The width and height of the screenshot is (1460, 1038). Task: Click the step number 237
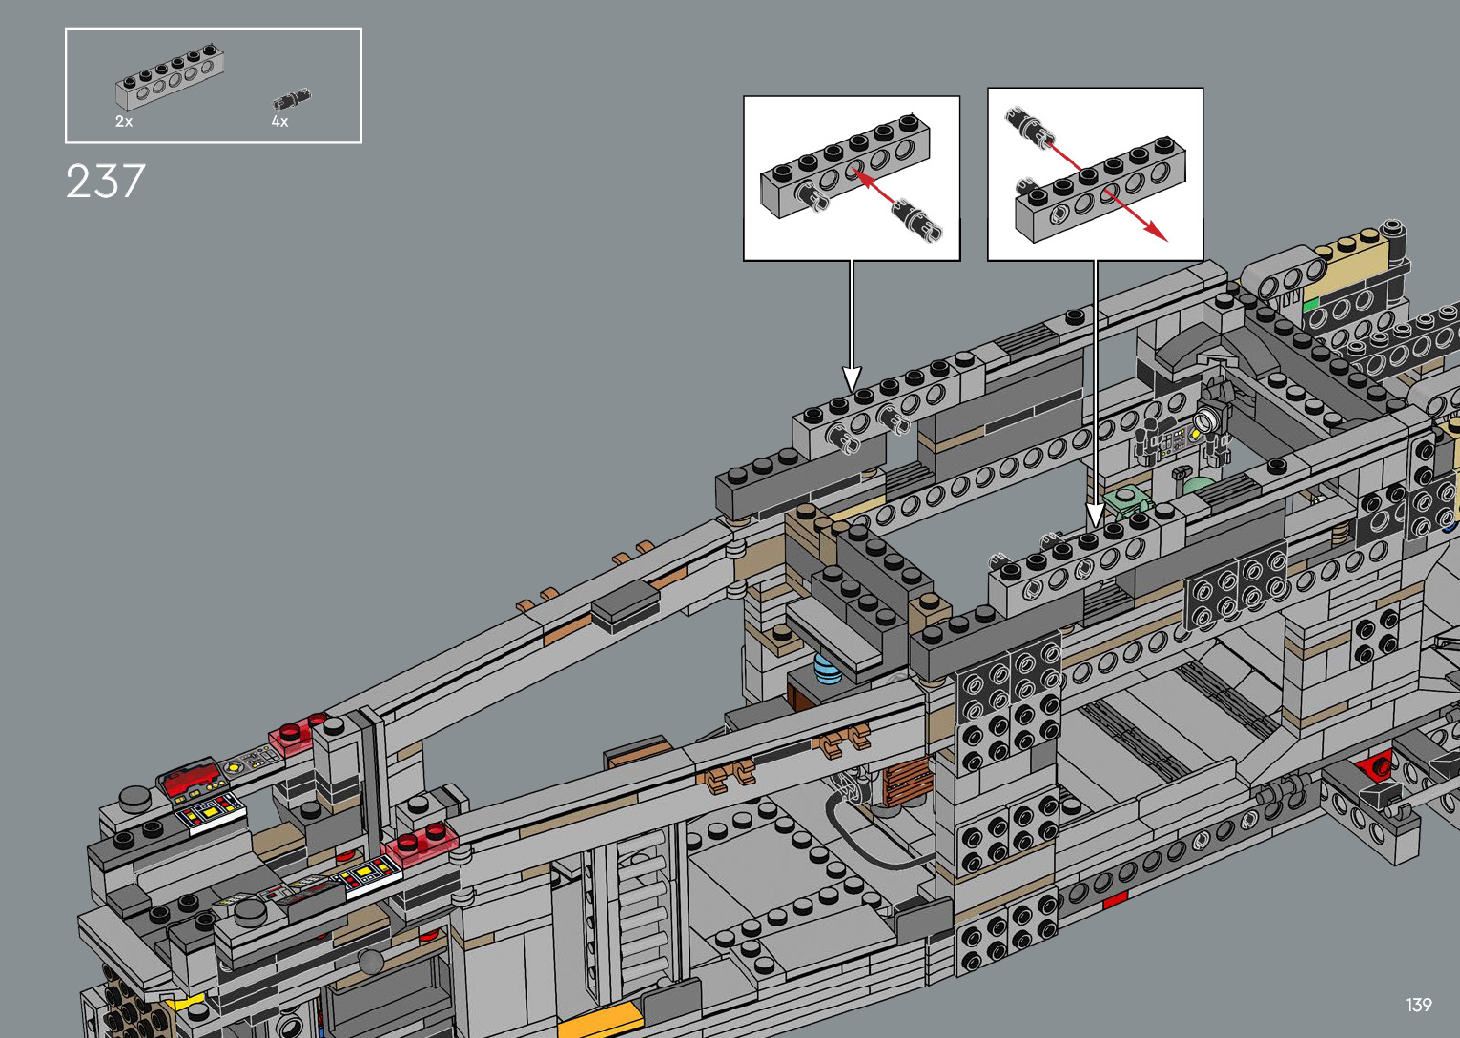105,181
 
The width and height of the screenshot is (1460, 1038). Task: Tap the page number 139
1418,1004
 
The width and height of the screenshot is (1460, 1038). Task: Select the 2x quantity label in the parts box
124,121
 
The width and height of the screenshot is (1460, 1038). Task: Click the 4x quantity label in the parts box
279,121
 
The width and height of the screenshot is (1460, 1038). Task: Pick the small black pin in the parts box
292,100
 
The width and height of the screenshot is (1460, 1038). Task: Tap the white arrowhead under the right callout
1096,516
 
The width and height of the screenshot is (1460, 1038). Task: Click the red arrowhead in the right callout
1156,232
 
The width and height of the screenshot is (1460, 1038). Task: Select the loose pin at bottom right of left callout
916,219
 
